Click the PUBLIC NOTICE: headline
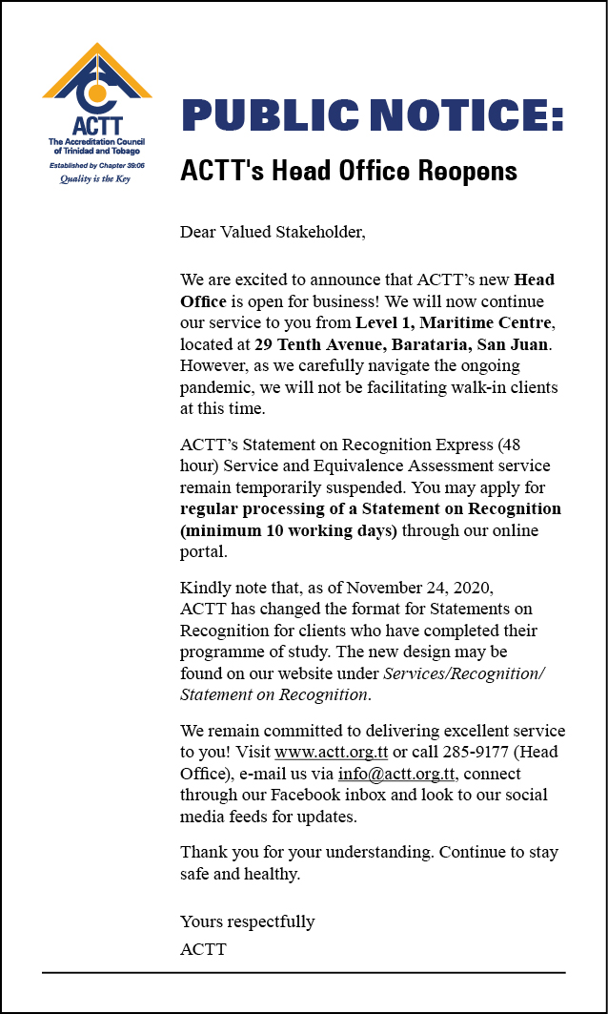click(372, 116)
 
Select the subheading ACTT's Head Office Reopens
click(349, 171)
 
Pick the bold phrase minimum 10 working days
click(289, 530)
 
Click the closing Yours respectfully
click(247, 921)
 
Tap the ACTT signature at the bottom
click(203, 949)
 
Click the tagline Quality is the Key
click(95, 178)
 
